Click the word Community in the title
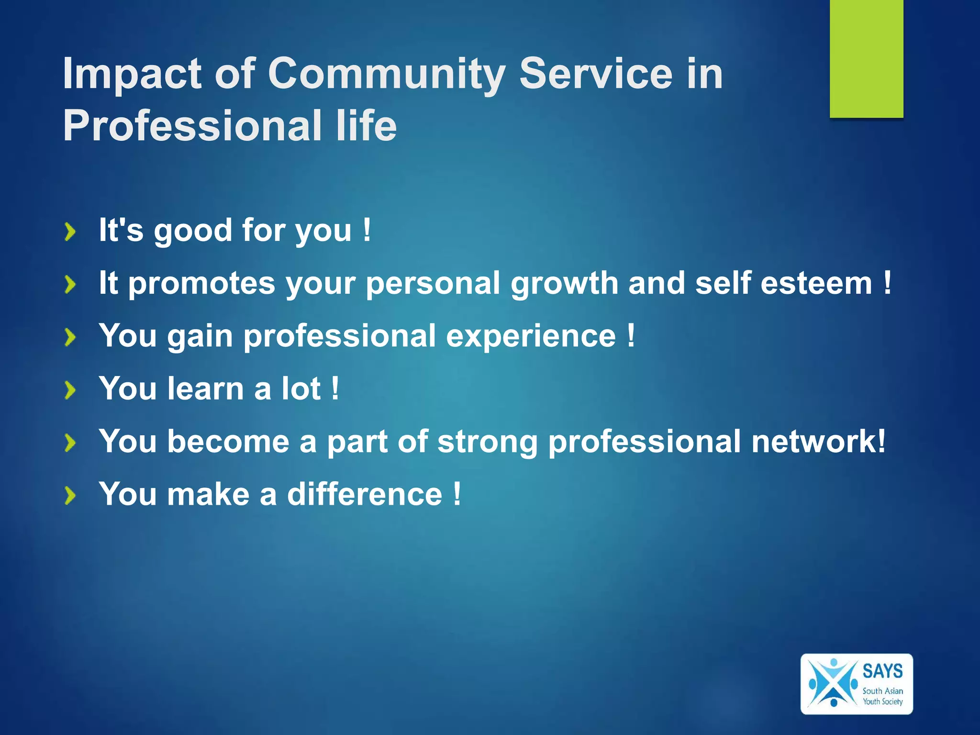pyautogui.click(x=387, y=74)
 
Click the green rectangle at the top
pyautogui.click(x=866, y=57)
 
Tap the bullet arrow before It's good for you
pyautogui.click(x=70, y=232)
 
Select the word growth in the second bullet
pyautogui.click(x=564, y=284)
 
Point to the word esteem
pyautogui.click(x=816, y=283)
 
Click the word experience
pyautogui.click(x=531, y=336)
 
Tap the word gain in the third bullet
pyautogui.click(x=200, y=336)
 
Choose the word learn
pyautogui.click(x=206, y=388)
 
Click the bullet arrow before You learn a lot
pyautogui.click(x=70, y=390)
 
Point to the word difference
pyautogui.click(x=364, y=494)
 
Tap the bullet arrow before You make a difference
pyautogui.click(x=70, y=496)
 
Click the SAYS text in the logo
pyautogui.click(x=882, y=671)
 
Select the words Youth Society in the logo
pyautogui.click(x=882, y=702)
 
